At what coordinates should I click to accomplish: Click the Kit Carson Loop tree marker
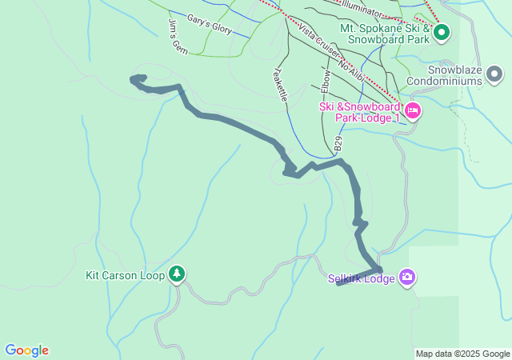click(x=177, y=275)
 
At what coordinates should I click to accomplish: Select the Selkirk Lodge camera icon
click(x=408, y=277)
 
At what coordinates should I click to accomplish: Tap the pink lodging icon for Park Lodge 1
click(x=413, y=110)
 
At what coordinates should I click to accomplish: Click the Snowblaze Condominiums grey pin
click(x=494, y=75)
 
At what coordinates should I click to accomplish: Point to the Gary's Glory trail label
click(x=209, y=24)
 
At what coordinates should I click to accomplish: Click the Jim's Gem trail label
click(x=178, y=37)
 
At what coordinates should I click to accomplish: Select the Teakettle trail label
click(x=282, y=82)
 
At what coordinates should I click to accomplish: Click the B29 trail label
click(x=338, y=144)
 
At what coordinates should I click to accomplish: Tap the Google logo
click(x=26, y=350)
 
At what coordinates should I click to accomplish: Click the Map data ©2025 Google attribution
click(x=462, y=354)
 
